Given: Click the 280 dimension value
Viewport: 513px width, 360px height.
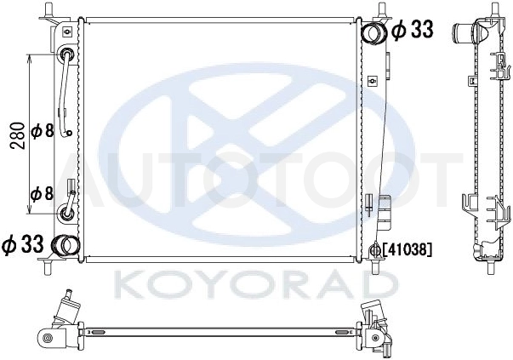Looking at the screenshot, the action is tap(17, 135).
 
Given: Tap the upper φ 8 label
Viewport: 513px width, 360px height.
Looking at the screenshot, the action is tap(42, 132).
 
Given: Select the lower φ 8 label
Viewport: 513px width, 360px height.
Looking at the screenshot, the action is tap(42, 193).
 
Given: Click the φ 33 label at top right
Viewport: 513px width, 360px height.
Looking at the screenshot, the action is tap(413, 30).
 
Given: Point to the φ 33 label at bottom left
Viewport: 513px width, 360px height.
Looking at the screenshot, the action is tap(23, 245).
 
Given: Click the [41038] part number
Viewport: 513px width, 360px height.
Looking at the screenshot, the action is tap(407, 250).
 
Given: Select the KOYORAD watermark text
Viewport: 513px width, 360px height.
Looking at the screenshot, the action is tap(257, 285).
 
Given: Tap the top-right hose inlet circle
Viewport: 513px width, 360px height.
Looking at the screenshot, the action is tap(373, 32).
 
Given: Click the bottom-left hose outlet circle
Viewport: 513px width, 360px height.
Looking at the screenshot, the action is tap(66, 245).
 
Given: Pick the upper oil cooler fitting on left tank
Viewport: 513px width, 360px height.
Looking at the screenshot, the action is tap(67, 54).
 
